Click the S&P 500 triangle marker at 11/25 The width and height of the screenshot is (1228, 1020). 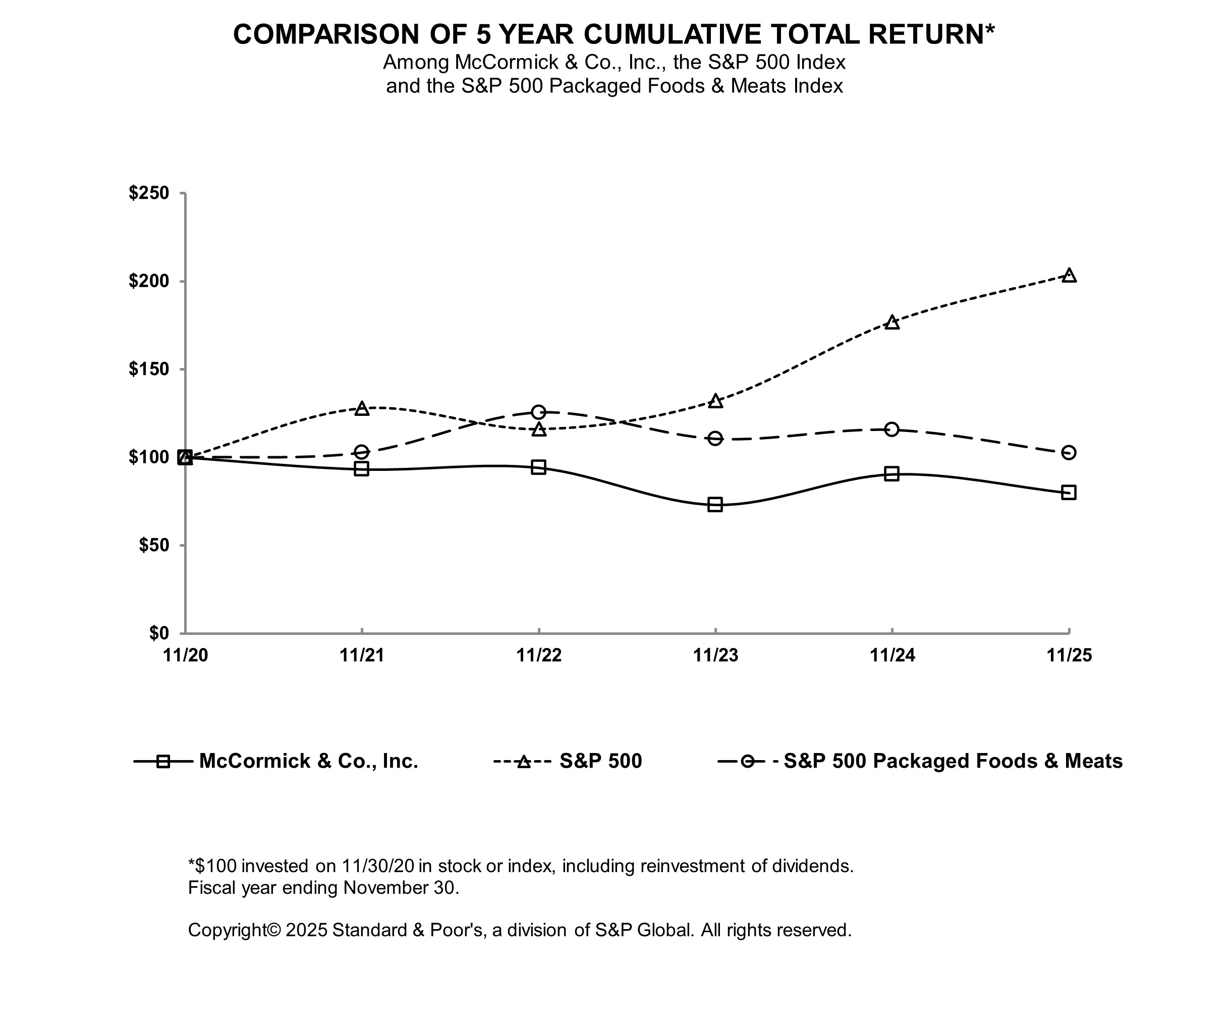click(x=1069, y=276)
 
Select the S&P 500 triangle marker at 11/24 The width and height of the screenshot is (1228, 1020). click(x=892, y=323)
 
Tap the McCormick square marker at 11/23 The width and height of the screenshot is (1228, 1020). click(x=715, y=504)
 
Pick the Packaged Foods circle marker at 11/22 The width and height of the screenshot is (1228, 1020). click(x=538, y=412)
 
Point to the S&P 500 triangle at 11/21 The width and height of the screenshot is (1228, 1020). click(x=362, y=408)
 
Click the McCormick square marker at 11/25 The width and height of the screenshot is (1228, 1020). click(x=1069, y=492)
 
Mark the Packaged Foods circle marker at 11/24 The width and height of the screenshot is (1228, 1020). click(x=892, y=430)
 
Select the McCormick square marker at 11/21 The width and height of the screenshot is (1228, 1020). click(x=362, y=468)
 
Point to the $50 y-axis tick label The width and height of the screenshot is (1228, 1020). click(x=154, y=545)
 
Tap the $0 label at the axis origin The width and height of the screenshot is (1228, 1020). click(x=158, y=633)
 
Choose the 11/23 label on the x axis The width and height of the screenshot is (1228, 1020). click(x=715, y=655)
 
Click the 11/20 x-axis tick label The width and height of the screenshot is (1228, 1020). click(x=185, y=655)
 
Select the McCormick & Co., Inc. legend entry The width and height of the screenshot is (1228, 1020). click(x=308, y=761)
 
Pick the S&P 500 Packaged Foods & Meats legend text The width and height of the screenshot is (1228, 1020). click(x=953, y=761)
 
